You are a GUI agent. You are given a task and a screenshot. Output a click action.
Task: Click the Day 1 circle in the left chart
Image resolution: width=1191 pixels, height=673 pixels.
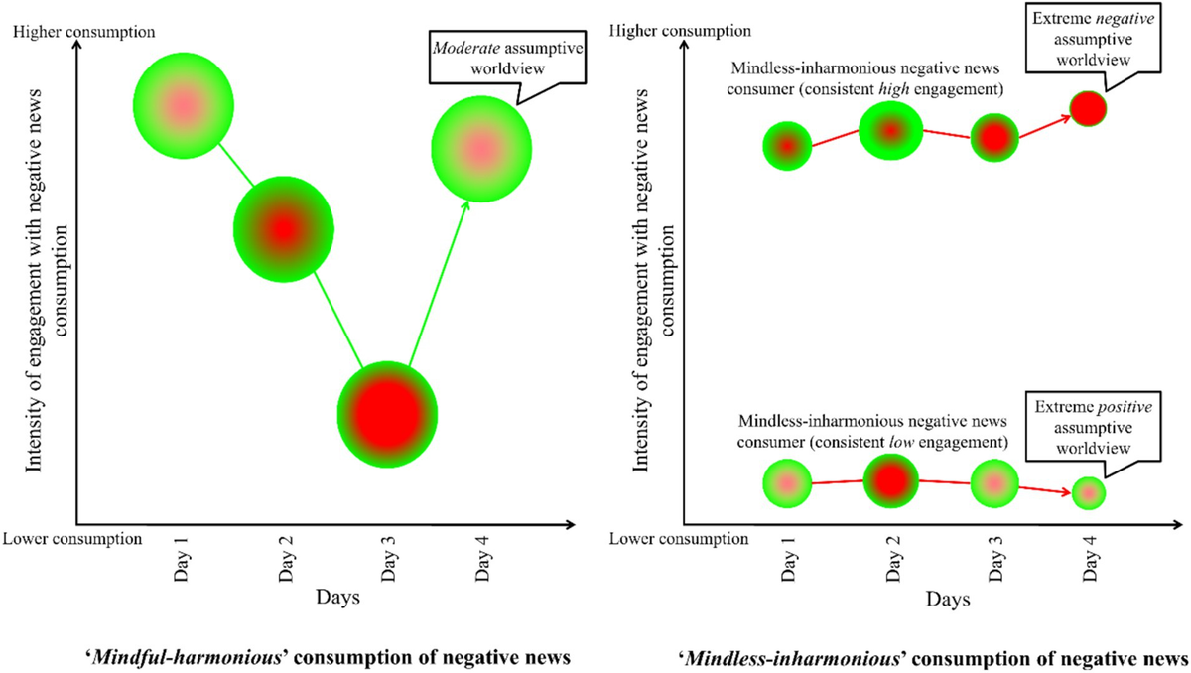[183, 104]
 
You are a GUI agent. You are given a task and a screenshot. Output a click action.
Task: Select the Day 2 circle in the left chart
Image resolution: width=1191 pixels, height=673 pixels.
[284, 229]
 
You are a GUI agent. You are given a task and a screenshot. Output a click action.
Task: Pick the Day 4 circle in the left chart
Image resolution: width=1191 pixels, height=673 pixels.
[480, 149]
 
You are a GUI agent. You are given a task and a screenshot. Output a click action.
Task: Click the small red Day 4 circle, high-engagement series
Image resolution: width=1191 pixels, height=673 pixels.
[1088, 108]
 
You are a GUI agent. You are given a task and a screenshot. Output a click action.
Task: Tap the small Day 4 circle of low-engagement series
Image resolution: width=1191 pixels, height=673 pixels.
[1089, 491]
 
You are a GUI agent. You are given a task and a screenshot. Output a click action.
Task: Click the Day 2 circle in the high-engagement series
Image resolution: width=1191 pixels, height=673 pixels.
[891, 129]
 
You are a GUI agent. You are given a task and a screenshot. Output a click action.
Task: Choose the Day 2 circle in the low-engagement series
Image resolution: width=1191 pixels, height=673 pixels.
[891, 481]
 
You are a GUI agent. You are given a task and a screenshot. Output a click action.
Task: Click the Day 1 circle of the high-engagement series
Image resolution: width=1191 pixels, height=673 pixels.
[787, 146]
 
